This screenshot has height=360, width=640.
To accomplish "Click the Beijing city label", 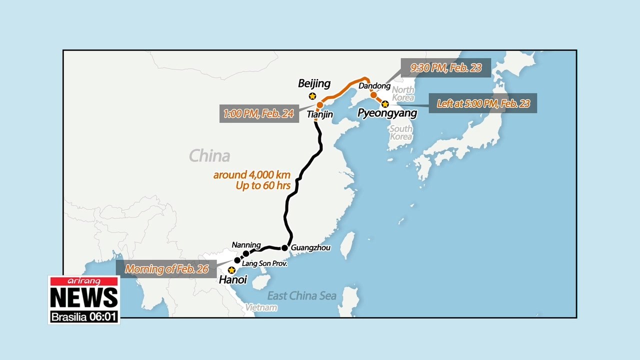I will pos(314,83).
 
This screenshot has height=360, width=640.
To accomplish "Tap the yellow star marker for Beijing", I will pos(312,96).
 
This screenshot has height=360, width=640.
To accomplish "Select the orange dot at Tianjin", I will pos(319,105).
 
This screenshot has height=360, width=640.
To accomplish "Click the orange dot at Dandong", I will pos(373,94).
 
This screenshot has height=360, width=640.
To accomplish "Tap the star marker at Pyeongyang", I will pos(385,104).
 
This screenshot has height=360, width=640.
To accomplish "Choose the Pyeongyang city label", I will pos(387,113).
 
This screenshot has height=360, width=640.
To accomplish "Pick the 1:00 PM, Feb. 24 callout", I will pos(258,113).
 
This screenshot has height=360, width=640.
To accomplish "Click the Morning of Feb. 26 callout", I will pos(166,268).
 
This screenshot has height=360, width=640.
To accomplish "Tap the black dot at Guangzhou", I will pos(284,247).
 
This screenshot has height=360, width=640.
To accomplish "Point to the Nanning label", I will pos(246,244).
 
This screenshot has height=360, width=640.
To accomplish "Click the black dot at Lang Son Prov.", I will pos(237,260).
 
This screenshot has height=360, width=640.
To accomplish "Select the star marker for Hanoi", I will pos(231,269).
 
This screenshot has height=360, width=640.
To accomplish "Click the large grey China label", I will pos(209,155).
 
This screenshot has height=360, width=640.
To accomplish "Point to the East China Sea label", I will pos(301,295).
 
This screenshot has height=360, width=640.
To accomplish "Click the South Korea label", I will pos(401,132).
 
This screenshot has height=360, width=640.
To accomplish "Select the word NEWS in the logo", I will pos(84,298).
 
